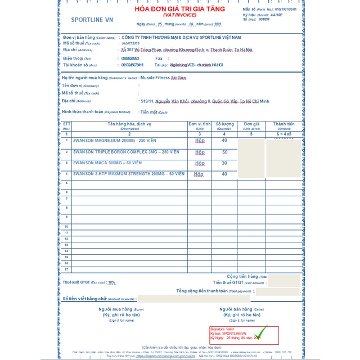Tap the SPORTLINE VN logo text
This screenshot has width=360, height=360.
92,20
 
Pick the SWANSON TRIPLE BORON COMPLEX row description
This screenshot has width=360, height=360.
125,152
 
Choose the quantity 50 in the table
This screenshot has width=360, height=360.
224,152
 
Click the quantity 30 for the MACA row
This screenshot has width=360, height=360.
224,163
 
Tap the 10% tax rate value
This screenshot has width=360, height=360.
111,282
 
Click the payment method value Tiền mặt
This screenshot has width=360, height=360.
150,112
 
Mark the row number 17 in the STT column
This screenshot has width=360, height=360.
66,269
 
